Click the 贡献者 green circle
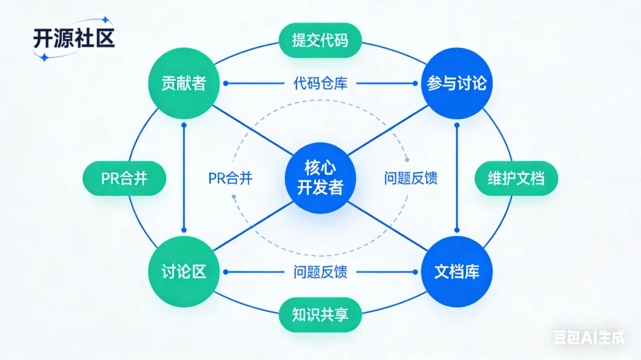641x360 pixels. click(x=183, y=84)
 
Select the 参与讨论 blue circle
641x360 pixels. click(x=456, y=84)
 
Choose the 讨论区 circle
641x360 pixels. click(x=183, y=272)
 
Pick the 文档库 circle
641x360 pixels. click(x=456, y=272)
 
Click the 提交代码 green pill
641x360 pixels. click(x=320, y=41)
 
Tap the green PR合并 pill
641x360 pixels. click(x=124, y=179)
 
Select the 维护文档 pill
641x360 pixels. click(x=516, y=179)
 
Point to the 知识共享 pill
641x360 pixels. click(x=320, y=314)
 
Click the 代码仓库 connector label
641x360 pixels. click(x=320, y=84)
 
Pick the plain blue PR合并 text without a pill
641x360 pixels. click(x=230, y=179)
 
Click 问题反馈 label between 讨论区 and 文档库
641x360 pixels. click(x=320, y=272)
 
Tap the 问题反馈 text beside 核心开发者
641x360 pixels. click(x=411, y=179)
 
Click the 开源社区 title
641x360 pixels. click(x=73, y=38)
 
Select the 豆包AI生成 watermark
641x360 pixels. click(x=589, y=337)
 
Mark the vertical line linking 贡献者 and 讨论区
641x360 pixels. click(x=183, y=178)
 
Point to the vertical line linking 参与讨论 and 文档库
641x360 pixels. click(x=456, y=178)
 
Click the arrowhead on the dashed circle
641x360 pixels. click(x=407, y=159)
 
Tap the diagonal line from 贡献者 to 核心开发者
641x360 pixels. click(x=249, y=129)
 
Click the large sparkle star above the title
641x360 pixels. click(x=105, y=20)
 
